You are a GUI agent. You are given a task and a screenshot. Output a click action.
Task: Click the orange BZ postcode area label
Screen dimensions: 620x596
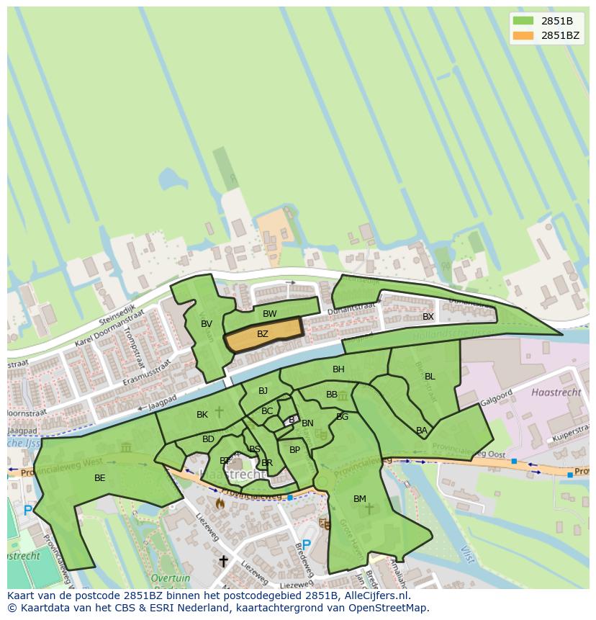[x=263, y=333]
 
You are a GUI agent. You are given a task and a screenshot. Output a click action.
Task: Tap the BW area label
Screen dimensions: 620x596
[x=269, y=314]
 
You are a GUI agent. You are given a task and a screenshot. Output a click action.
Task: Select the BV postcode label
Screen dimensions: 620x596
[x=207, y=324]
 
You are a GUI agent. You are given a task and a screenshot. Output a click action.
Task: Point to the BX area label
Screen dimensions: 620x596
[x=428, y=317]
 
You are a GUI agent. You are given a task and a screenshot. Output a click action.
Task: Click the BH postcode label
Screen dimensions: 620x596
[x=338, y=369]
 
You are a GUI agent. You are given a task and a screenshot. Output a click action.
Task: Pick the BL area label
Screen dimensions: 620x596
[x=430, y=377]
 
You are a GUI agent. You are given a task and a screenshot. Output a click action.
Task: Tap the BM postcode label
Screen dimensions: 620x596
[x=360, y=499]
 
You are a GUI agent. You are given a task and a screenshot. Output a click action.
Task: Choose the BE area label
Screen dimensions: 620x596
[x=99, y=477]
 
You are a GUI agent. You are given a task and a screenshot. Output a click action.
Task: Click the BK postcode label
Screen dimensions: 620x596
[x=202, y=415]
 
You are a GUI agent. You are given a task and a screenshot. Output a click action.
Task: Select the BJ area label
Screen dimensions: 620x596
[x=263, y=391]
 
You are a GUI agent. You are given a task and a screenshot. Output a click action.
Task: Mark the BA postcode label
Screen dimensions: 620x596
[x=422, y=431]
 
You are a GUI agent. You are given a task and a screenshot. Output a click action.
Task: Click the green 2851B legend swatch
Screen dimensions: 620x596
[x=523, y=21]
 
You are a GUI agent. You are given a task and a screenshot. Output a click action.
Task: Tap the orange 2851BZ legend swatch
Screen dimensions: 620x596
[x=523, y=35]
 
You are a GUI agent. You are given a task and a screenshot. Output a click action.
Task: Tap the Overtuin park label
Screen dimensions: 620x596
[x=171, y=578]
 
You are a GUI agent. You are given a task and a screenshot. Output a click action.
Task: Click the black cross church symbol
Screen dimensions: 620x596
[x=223, y=560]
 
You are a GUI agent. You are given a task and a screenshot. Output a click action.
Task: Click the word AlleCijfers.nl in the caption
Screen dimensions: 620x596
[x=375, y=596]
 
